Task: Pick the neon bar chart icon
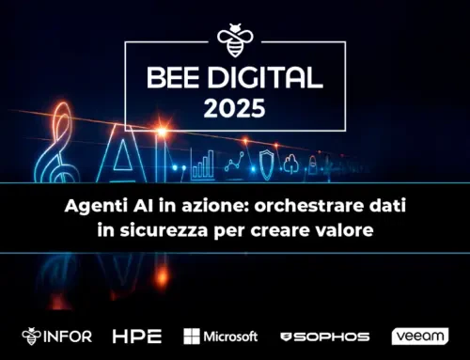202,167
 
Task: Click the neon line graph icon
234,164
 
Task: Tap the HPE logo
137,336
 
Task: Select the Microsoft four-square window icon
193,336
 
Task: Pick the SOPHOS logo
324,336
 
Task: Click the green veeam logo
420,336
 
